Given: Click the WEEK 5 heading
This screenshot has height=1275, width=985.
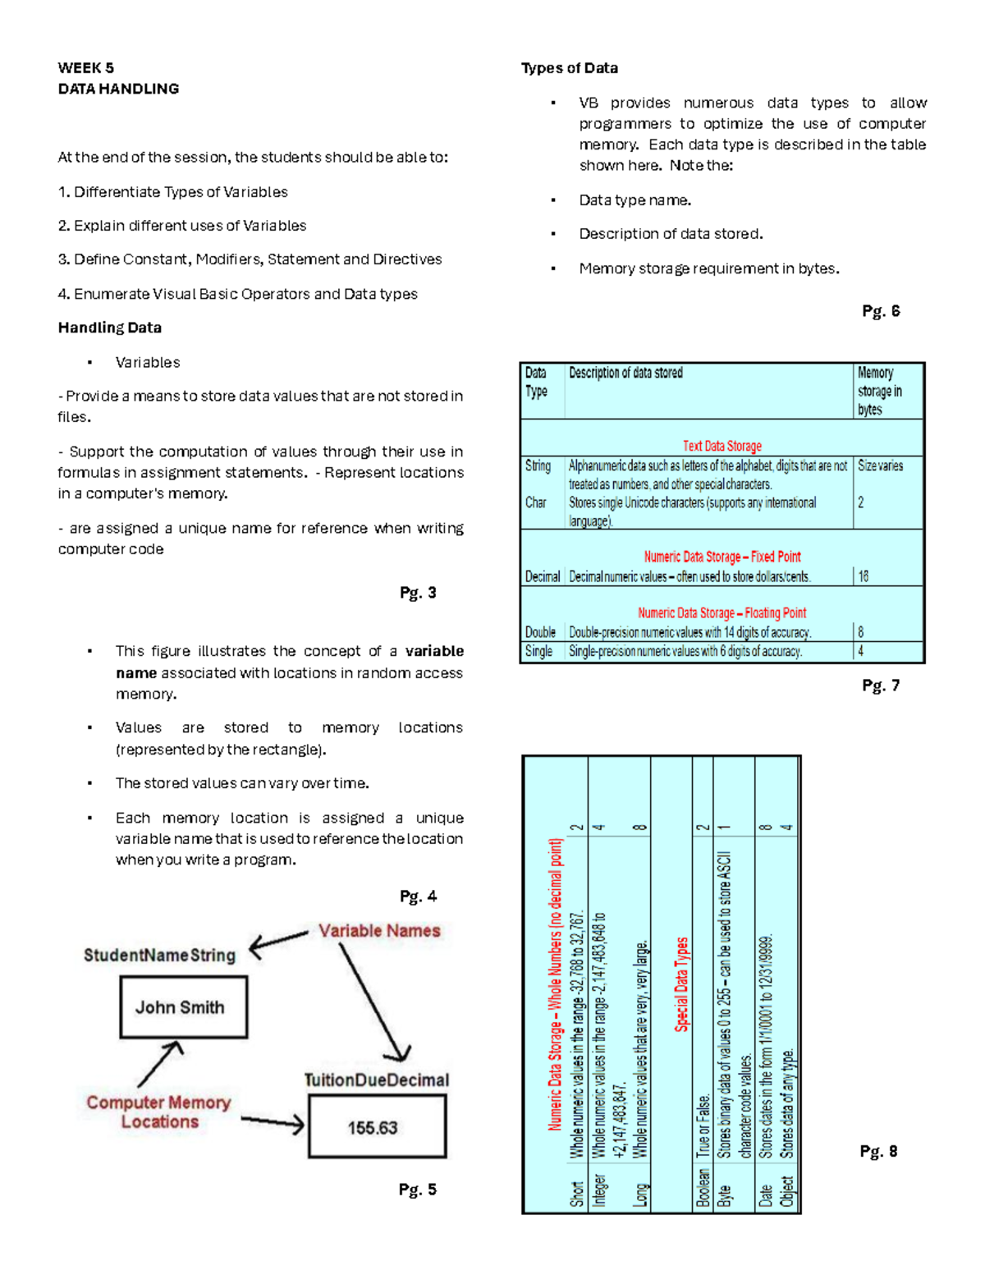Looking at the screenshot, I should click(86, 68).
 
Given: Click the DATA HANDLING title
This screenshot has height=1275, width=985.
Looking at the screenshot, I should click(118, 89).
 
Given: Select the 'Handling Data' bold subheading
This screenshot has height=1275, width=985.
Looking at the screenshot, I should click(109, 328).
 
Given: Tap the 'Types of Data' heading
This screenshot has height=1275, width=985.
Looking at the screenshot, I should click(570, 68).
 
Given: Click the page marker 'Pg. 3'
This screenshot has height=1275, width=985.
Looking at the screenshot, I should click(418, 593).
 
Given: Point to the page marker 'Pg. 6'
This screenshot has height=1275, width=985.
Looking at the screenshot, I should click(881, 311).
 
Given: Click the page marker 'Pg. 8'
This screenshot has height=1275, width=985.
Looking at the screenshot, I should click(878, 1151).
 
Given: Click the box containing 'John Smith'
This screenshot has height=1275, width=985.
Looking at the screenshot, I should click(183, 1007).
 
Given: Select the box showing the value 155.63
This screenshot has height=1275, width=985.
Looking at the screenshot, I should click(377, 1127).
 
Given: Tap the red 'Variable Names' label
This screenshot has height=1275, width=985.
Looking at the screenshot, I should click(379, 931).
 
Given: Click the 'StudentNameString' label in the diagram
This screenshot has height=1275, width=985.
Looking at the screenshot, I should click(159, 955).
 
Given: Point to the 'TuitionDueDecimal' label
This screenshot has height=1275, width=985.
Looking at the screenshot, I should click(377, 1080).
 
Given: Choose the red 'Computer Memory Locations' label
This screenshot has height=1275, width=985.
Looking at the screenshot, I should click(158, 1112).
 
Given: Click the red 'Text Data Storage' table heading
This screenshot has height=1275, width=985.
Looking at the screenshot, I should click(722, 446).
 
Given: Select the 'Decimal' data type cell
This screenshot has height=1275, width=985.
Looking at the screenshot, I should click(542, 576).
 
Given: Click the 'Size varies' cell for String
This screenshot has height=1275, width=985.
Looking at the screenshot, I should click(880, 466).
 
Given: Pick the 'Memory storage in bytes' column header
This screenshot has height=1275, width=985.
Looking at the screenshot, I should click(879, 391).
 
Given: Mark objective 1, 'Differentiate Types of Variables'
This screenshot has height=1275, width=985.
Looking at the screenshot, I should click(172, 192).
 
